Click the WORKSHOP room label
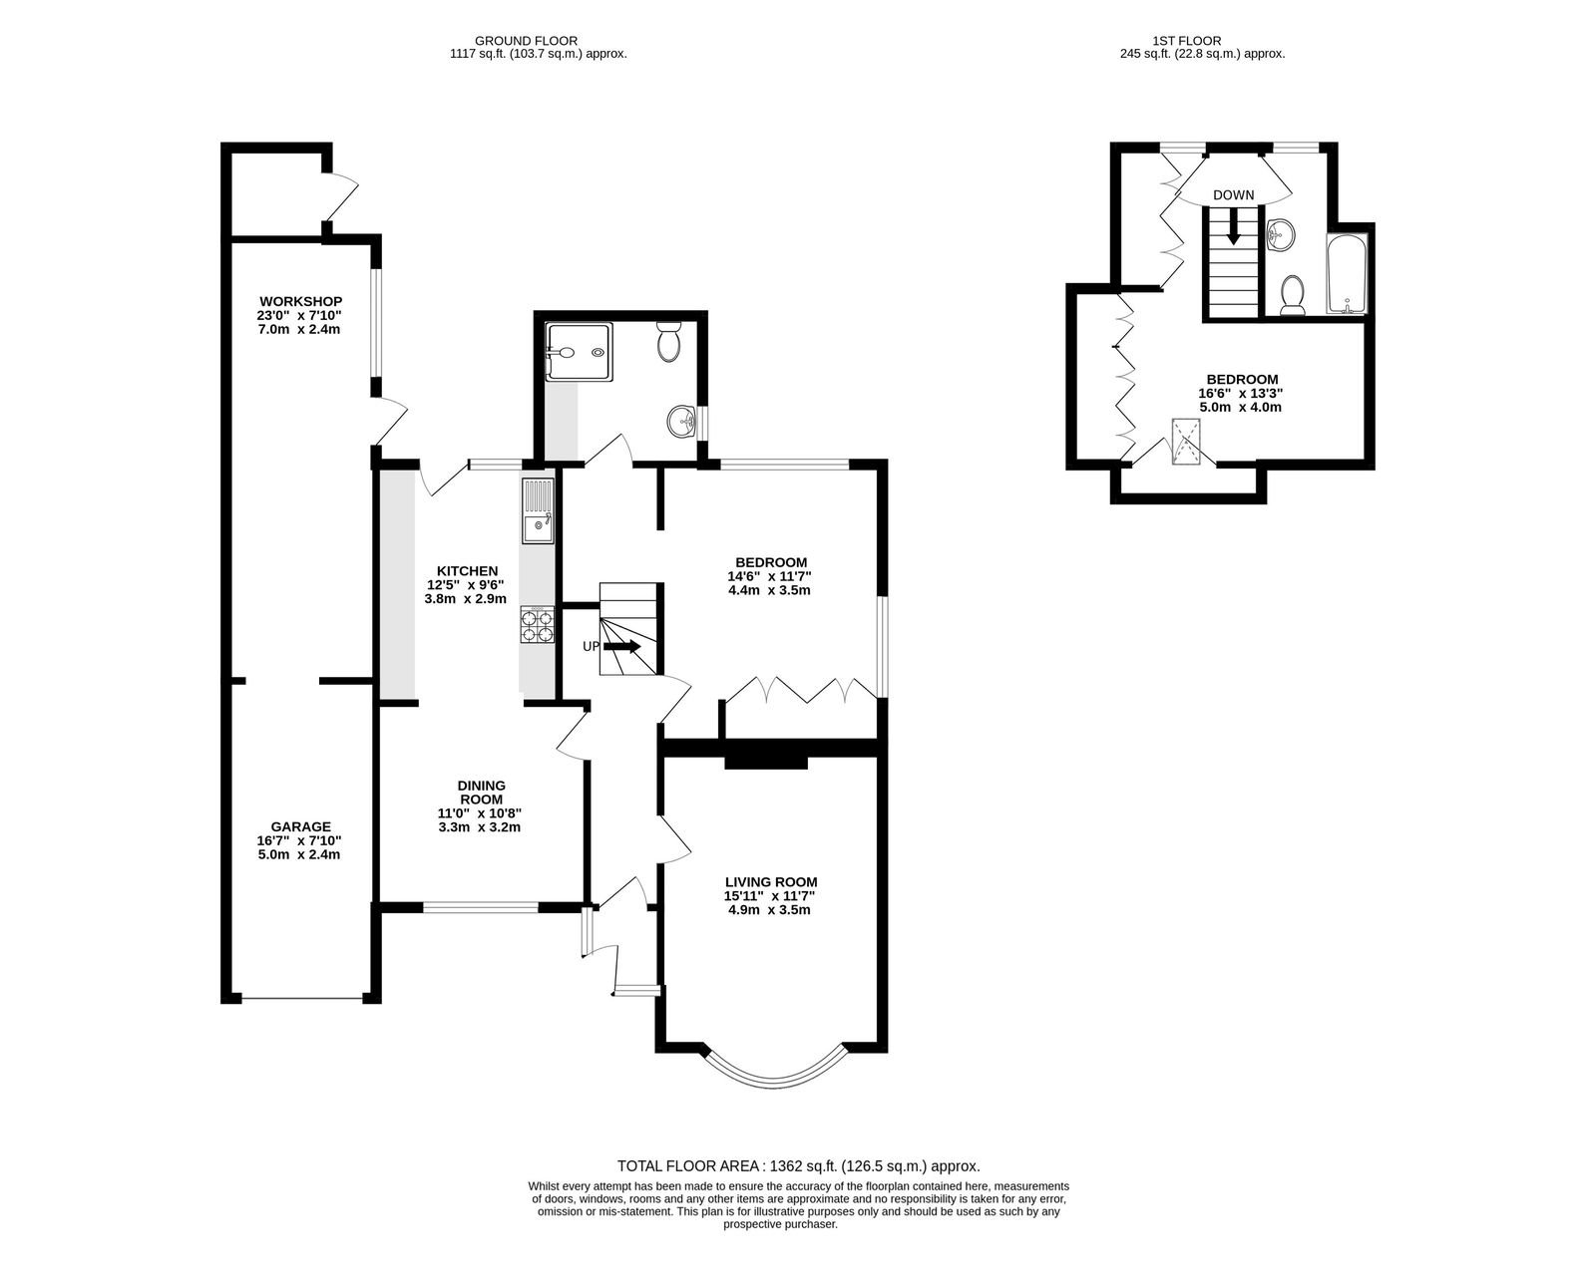300,302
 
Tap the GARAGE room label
300,826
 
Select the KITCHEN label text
467,571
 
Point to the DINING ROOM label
482,793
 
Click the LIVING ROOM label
770,882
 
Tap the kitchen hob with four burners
537,624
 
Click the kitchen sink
538,511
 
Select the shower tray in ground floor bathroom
580,352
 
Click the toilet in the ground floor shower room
669,342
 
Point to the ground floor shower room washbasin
681,422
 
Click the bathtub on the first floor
1346,274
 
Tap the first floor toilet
1293,295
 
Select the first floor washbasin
1281,235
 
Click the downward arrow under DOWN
1233,225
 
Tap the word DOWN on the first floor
1233,195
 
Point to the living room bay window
772,1069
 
